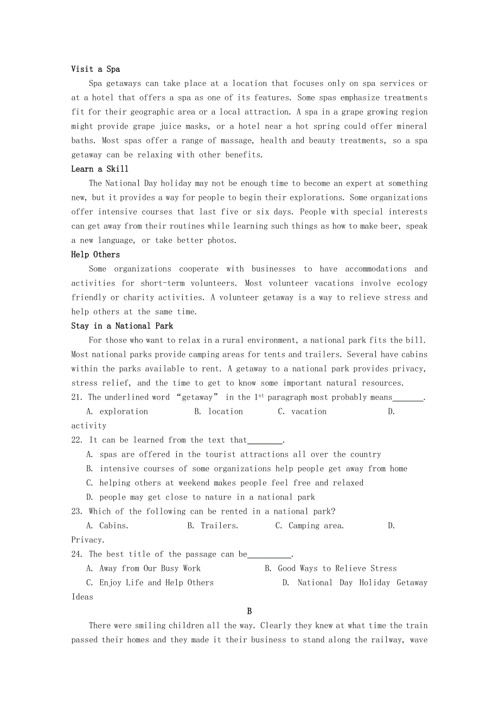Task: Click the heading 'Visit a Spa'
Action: click(x=95, y=69)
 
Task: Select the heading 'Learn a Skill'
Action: click(x=100, y=169)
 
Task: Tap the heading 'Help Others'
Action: click(x=95, y=255)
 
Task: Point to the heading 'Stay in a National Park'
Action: click(x=122, y=326)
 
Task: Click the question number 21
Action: click(x=76, y=397)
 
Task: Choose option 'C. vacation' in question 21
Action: click(x=302, y=412)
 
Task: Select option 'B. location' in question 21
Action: click(x=219, y=412)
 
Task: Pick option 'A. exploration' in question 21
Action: click(x=117, y=412)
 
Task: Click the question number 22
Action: click(x=77, y=440)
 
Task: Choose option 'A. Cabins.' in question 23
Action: click(x=107, y=526)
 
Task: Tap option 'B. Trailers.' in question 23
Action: click(x=213, y=526)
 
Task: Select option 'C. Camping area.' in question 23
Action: click(x=309, y=526)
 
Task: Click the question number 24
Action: click(x=77, y=554)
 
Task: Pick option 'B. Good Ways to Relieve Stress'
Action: click(x=330, y=569)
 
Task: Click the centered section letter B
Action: click(x=250, y=611)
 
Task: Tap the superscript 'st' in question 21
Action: click(x=261, y=395)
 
